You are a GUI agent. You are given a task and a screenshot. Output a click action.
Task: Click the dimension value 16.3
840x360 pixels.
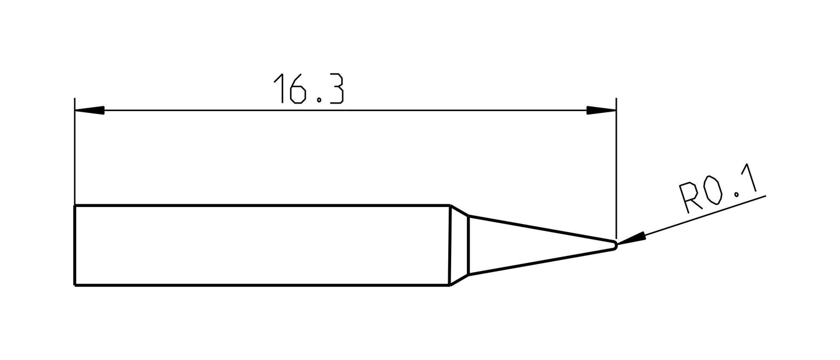pyautogui.click(x=308, y=89)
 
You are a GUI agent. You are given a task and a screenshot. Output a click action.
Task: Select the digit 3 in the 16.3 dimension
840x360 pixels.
pyautogui.click(x=335, y=89)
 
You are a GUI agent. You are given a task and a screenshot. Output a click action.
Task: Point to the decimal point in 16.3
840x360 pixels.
pyautogui.click(x=319, y=101)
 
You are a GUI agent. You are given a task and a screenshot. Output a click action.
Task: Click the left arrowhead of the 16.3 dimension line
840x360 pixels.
pyautogui.click(x=90, y=110)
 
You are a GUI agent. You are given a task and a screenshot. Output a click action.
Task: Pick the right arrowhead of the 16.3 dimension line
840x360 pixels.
pyautogui.click(x=601, y=110)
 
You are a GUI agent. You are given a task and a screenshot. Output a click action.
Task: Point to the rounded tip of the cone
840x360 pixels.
pyautogui.click(x=616, y=245)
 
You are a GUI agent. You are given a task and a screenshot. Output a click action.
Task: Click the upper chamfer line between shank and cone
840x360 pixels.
pyautogui.click(x=459, y=211)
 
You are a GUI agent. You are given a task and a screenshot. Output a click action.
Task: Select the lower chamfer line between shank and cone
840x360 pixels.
pyautogui.click(x=459, y=280)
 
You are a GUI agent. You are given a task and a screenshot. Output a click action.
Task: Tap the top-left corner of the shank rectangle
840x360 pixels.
pyautogui.click(x=75, y=205)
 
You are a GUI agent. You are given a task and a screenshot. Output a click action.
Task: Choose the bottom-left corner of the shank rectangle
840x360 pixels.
pyautogui.click(x=75, y=285)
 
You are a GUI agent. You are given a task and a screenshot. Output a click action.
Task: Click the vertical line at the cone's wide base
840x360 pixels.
pyautogui.click(x=469, y=245)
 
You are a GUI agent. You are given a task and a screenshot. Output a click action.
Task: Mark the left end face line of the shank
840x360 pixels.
pyautogui.click(x=75, y=245)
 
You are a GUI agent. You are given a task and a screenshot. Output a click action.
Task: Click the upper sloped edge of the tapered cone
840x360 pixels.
pyautogui.click(x=541, y=228)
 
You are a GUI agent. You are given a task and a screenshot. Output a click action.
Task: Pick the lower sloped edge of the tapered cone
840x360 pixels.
pyautogui.click(x=541, y=262)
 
